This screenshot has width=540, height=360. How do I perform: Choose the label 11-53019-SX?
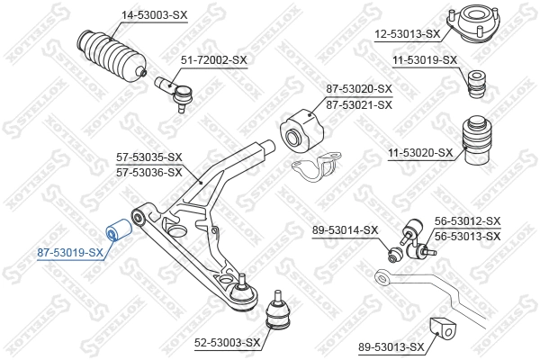tap(425, 60)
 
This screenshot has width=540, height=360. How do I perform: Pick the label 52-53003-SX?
tap(229, 342)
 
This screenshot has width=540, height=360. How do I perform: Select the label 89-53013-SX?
tap(391, 346)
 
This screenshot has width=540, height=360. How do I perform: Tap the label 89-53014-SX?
tap(346, 231)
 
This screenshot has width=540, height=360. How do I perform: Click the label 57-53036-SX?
tap(149, 172)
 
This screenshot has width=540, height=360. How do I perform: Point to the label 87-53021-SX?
tap(359, 104)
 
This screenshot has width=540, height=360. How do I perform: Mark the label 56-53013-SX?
tap(467, 236)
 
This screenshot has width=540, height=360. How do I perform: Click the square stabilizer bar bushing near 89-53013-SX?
tap(442, 329)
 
